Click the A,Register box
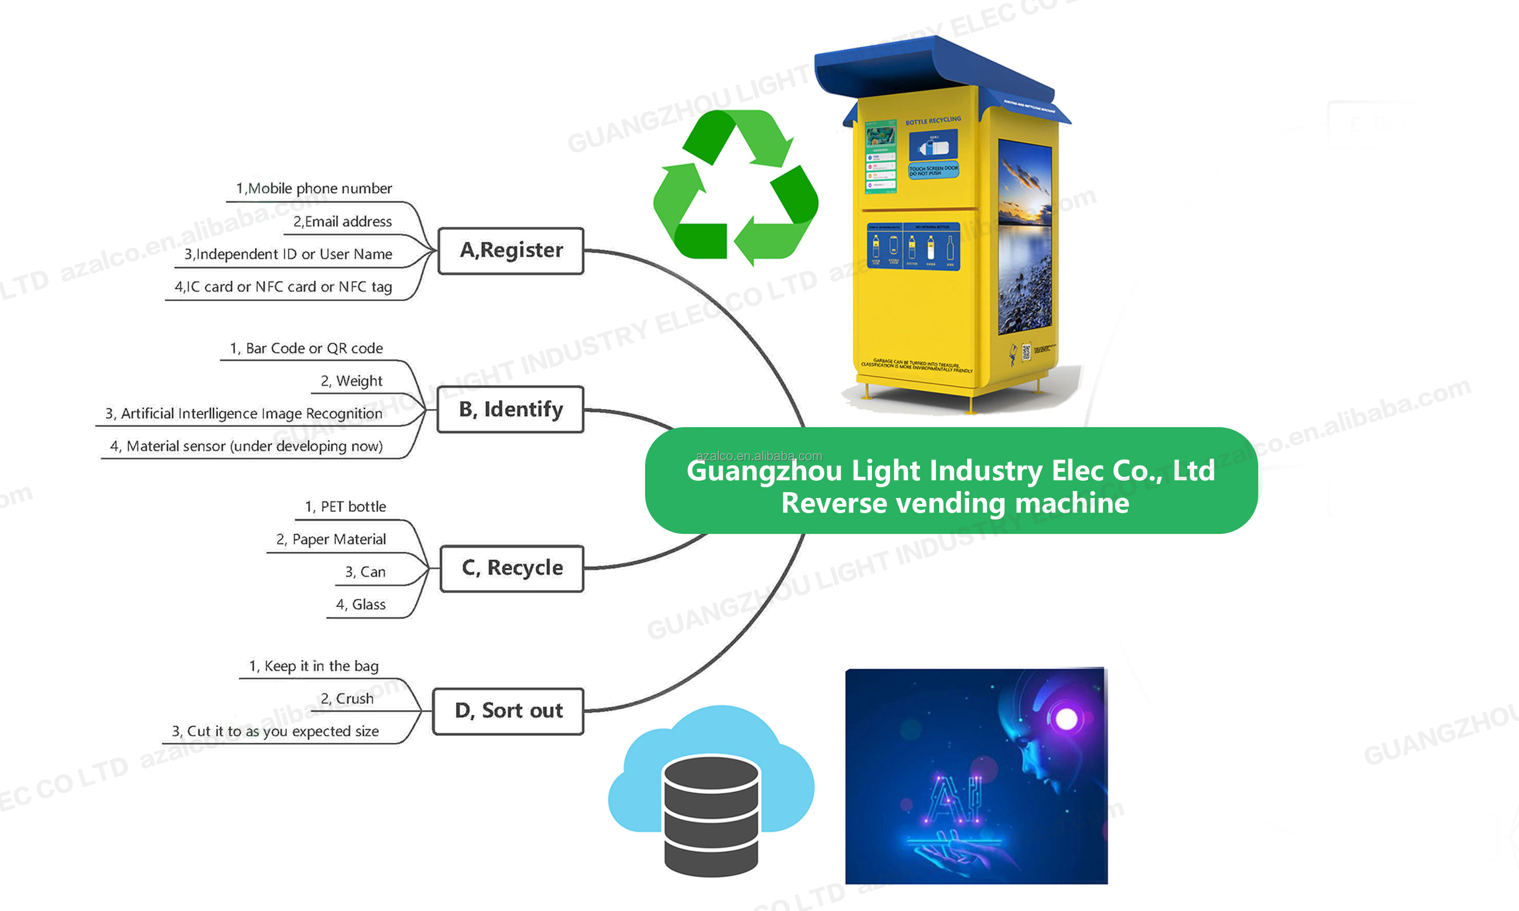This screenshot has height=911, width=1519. pos(510,251)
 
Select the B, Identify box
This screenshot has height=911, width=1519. pos(510,409)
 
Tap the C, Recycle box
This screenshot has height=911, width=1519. pos(511,568)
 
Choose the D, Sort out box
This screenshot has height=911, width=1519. pos(508,711)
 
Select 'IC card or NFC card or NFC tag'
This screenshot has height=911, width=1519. pos(283,286)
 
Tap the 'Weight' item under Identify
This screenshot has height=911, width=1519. pos(351,381)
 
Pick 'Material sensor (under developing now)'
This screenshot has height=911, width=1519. pos(246,446)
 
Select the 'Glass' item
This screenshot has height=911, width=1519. pos(361,605)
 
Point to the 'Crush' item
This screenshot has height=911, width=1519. pos(347,698)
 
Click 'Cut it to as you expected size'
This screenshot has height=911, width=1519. pos(275,731)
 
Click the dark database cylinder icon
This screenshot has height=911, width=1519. pos(711,813)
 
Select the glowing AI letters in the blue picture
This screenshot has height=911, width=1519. pos(953,798)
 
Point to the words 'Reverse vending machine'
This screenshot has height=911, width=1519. pos(955,504)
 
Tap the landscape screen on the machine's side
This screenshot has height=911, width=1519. pos(1024,236)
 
